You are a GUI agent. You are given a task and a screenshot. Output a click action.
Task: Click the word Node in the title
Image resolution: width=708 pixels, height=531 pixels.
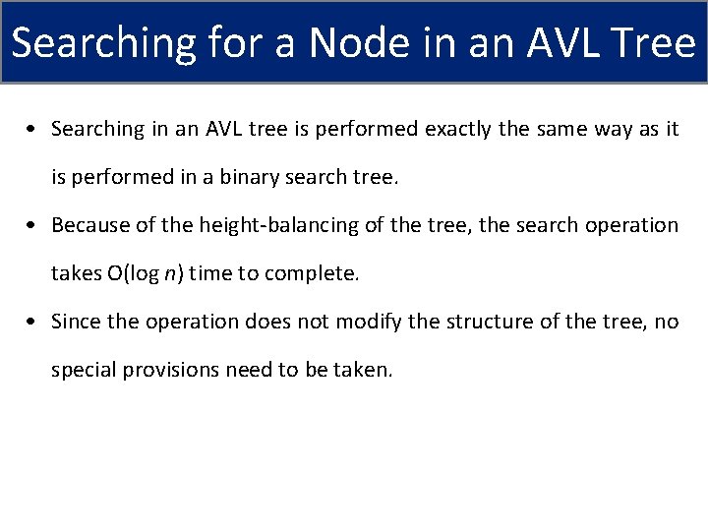356,43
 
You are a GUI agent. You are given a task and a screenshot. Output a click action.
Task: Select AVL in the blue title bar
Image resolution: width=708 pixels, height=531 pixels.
557,43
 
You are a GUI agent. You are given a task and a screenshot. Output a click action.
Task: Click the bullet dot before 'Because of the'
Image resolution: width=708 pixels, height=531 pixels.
34,226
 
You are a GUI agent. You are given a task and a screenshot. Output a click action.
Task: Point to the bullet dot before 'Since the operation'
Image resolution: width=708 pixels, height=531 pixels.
34,323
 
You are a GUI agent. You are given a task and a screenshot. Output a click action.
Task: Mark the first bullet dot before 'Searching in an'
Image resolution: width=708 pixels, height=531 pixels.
34,130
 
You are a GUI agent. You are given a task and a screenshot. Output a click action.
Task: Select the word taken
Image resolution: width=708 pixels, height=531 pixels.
364,370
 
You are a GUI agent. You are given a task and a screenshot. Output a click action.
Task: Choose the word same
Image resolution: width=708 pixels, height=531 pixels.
562,130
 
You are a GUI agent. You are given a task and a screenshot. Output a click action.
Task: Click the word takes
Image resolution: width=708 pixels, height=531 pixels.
76,273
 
